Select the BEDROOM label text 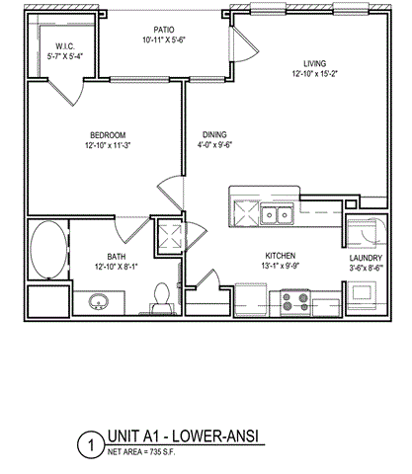pyautogui.click(x=106, y=135)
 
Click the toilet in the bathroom pyautogui.click(x=164, y=296)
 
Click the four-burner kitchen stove pyautogui.click(x=292, y=297)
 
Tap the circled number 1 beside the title pyautogui.click(x=91, y=445)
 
